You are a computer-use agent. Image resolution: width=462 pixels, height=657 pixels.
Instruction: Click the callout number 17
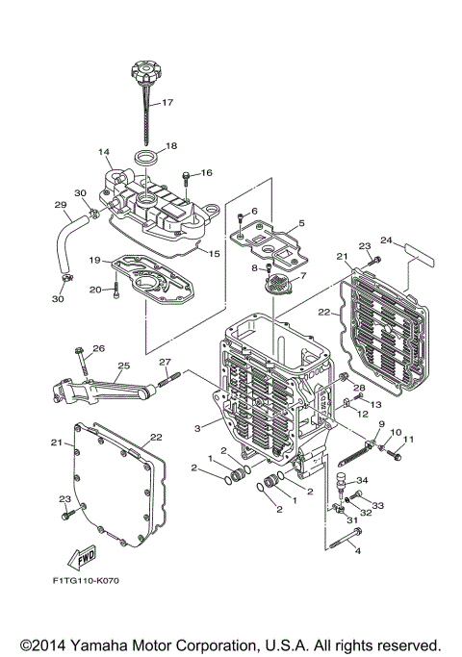click(167, 102)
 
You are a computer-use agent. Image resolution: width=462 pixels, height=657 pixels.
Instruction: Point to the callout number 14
click(103, 153)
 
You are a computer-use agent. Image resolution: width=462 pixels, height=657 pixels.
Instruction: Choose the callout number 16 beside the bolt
click(206, 173)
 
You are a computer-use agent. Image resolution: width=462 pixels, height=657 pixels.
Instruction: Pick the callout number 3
click(198, 427)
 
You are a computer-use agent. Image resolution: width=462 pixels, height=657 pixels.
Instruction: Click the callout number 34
click(362, 481)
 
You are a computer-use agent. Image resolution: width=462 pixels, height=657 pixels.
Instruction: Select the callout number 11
click(407, 440)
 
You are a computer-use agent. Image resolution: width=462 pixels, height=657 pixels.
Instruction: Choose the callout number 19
click(95, 260)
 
